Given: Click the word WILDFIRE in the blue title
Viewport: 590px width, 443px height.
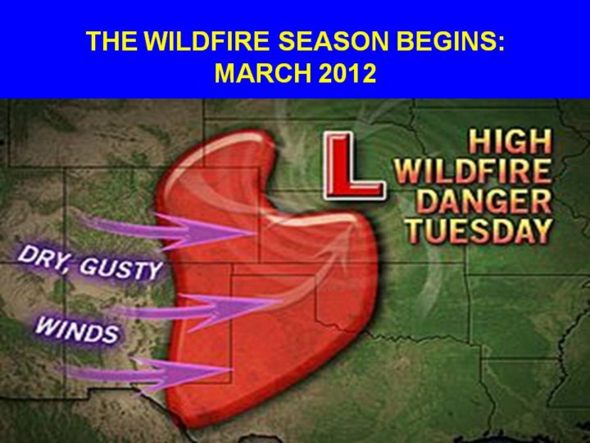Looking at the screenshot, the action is (x=206, y=41).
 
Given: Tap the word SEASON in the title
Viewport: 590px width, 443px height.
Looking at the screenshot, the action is (x=333, y=41).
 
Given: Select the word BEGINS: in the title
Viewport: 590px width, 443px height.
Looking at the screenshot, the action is (x=451, y=41).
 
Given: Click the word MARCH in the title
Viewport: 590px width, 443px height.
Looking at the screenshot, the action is (x=263, y=73).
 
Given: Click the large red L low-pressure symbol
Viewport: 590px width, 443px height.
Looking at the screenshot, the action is (x=353, y=165).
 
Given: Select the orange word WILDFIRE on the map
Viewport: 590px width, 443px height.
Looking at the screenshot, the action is (x=473, y=171).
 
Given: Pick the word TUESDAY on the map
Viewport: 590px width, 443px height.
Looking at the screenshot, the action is (x=479, y=231).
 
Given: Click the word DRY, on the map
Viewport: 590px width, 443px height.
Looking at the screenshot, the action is (x=44, y=258).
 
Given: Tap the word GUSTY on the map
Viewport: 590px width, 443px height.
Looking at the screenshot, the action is (x=121, y=268).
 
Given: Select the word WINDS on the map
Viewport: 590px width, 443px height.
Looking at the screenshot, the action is (x=77, y=331).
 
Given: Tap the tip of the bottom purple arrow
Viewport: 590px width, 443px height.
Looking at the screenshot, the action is (x=232, y=370).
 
